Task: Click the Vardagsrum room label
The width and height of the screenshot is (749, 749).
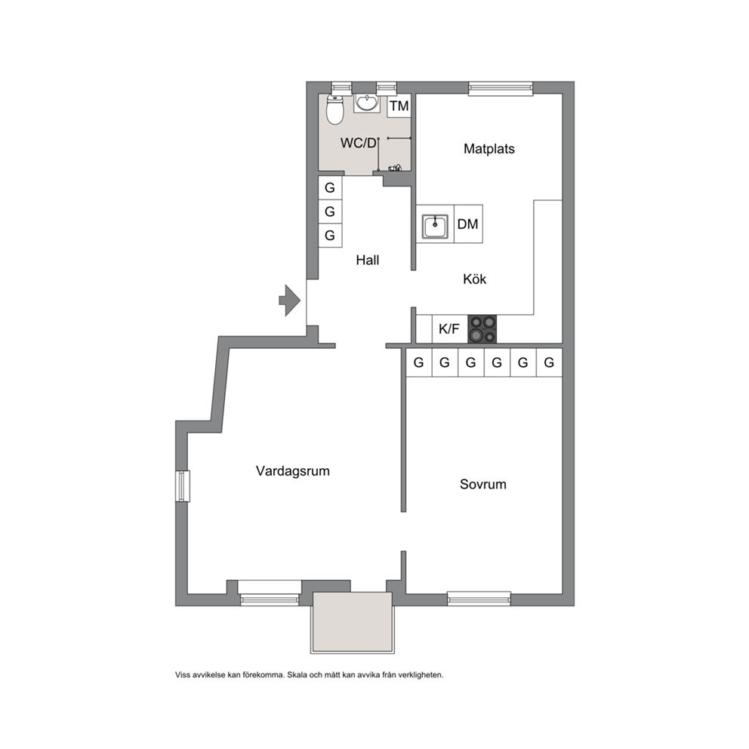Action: pos(293,471)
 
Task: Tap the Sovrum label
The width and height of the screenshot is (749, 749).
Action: pos(483,485)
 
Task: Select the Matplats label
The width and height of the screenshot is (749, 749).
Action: pos(489,149)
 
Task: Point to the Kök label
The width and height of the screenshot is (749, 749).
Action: pos(474,279)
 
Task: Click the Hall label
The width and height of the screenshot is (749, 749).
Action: pos(368,260)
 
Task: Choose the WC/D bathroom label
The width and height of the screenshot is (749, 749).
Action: pos(358,143)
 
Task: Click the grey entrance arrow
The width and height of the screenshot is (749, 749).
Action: pos(289,301)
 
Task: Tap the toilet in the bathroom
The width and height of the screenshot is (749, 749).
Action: pos(334,109)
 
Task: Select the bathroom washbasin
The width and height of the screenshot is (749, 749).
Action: pos(367,103)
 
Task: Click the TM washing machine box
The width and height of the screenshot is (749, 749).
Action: pos(399,106)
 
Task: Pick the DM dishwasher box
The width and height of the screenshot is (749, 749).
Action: pos(468,224)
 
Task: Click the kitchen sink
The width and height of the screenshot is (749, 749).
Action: pos(435,226)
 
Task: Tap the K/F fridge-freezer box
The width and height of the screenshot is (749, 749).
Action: pos(449,328)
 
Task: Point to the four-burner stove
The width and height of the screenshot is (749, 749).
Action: pos(482,329)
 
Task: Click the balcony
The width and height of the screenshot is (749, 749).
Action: pos(353,622)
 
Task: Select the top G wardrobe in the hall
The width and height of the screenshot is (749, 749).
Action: pos(330,188)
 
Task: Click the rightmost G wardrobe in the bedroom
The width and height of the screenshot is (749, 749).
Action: pos(549,362)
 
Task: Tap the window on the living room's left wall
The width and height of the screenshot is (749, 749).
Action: pos(182,486)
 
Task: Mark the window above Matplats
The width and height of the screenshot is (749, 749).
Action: pos(500,88)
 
